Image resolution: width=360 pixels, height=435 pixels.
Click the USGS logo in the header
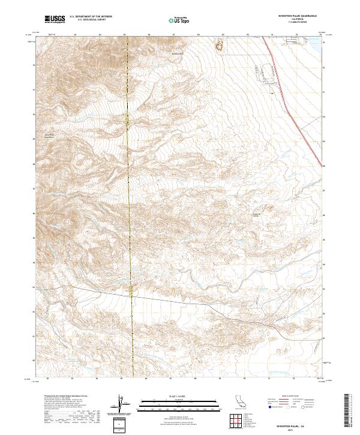point(55,20)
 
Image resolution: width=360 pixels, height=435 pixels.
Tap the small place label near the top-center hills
point(176,55)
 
